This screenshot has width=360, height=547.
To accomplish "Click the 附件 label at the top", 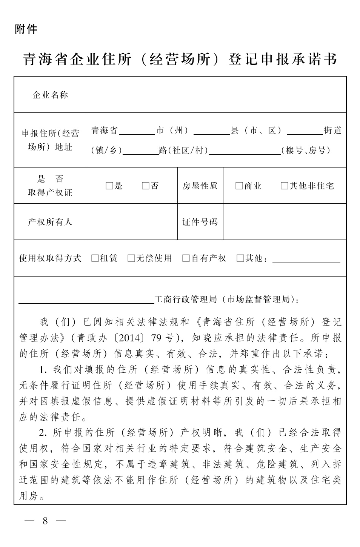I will [x=26, y=29].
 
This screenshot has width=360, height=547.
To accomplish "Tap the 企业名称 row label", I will [x=50, y=95].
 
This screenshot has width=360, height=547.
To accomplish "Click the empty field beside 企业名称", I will [x=216, y=95].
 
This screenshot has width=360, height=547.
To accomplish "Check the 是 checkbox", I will [x=109, y=186].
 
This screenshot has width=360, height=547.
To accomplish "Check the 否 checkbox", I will [x=146, y=186].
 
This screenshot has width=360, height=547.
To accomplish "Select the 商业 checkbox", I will [x=239, y=186].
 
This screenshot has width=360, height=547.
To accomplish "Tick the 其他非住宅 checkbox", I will [x=284, y=186].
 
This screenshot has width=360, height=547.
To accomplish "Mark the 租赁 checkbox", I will [x=95, y=258].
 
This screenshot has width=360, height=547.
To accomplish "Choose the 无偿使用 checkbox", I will [x=131, y=258].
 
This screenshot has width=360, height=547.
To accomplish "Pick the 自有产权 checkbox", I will [x=186, y=258].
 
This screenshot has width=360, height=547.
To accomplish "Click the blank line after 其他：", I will [x=306, y=261].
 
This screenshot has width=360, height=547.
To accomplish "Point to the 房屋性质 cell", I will [x=200, y=186].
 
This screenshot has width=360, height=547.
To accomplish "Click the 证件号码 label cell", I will [x=200, y=222].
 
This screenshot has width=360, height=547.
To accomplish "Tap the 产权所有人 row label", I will [x=50, y=222].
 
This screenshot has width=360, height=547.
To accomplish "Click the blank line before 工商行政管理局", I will [x=86, y=301].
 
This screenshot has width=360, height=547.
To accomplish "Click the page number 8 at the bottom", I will [x=45, y=521].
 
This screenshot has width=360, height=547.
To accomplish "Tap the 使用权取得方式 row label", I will [x=50, y=258].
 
